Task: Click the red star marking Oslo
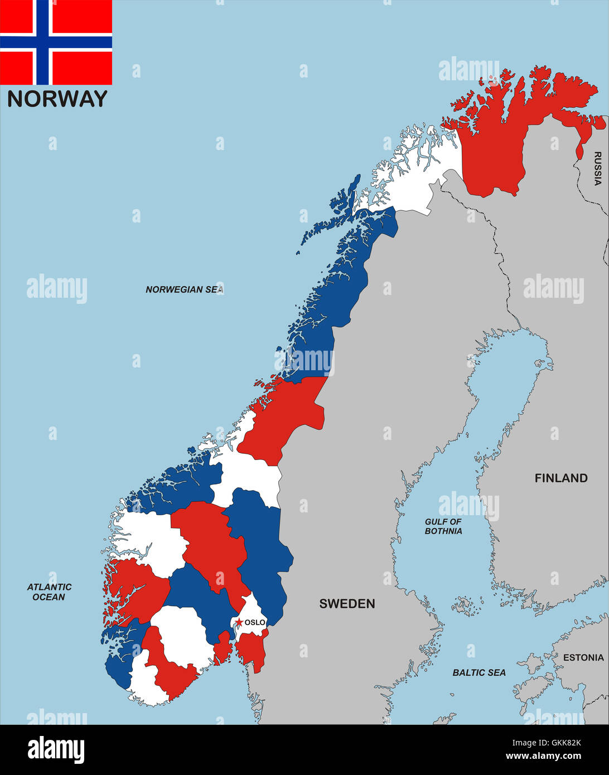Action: click(239, 622)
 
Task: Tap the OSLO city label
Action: click(255, 622)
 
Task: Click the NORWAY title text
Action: click(57, 99)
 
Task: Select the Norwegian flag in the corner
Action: click(56, 42)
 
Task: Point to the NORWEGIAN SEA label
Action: click(184, 289)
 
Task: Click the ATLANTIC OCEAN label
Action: click(49, 592)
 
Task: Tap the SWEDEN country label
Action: click(347, 603)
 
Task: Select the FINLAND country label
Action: click(561, 478)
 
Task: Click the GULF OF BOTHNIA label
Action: click(443, 526)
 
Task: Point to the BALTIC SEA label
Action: click(479, 673)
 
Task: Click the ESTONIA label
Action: click(583, 657)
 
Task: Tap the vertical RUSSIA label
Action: click(597, 168)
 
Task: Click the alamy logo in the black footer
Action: click(56, 749)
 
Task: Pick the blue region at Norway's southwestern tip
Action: click(120, 663)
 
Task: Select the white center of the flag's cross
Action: click(43, 42)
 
